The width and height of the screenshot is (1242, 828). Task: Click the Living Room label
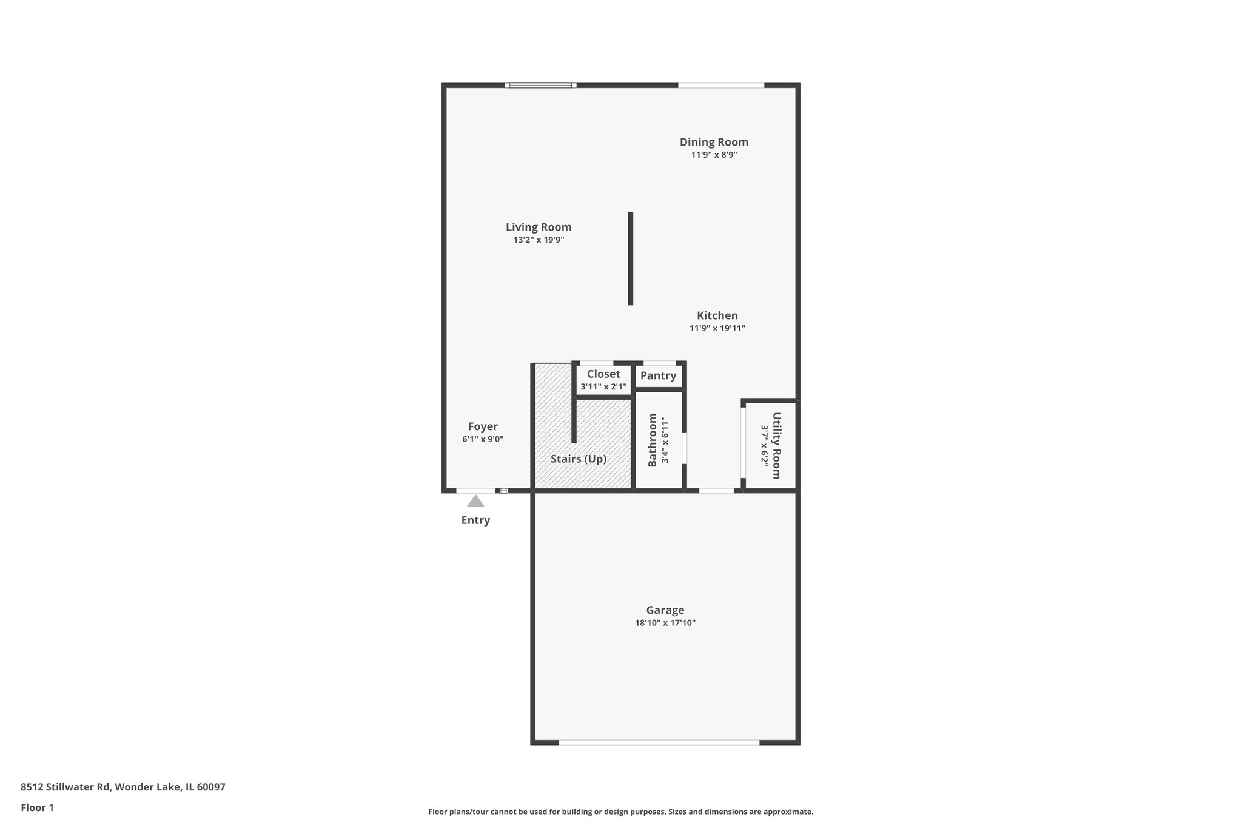click(539, 227)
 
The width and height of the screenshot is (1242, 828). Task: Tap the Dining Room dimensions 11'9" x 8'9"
click(714, 155)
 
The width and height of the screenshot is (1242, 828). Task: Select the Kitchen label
click(717, 315)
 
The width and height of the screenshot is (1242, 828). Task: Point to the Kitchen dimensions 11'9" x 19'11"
click(717, 329)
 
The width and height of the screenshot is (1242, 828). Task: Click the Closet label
click(603, 374)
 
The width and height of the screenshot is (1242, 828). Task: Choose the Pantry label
click(658, 376)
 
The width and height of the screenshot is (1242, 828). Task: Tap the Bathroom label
click(653, 440)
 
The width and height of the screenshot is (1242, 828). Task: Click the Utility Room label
click(776, 445)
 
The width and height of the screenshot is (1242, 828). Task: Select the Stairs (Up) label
click(578, 459)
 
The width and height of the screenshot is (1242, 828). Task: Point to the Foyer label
click(483, 426)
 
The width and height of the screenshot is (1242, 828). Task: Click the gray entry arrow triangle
click(475, 502)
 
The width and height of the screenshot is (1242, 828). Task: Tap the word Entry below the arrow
click(475, 520)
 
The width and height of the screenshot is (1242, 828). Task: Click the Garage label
click(665, 610)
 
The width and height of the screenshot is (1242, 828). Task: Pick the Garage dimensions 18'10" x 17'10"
click(665, 623)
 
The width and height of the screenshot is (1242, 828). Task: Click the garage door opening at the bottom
click(659, 742)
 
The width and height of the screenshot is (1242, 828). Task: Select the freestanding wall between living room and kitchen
click(631, 258)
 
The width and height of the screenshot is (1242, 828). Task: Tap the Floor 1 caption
click(37, 808)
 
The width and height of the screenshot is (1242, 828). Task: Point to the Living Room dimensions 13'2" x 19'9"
click(539, 240)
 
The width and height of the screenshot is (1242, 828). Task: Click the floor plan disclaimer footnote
click(620, 812)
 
